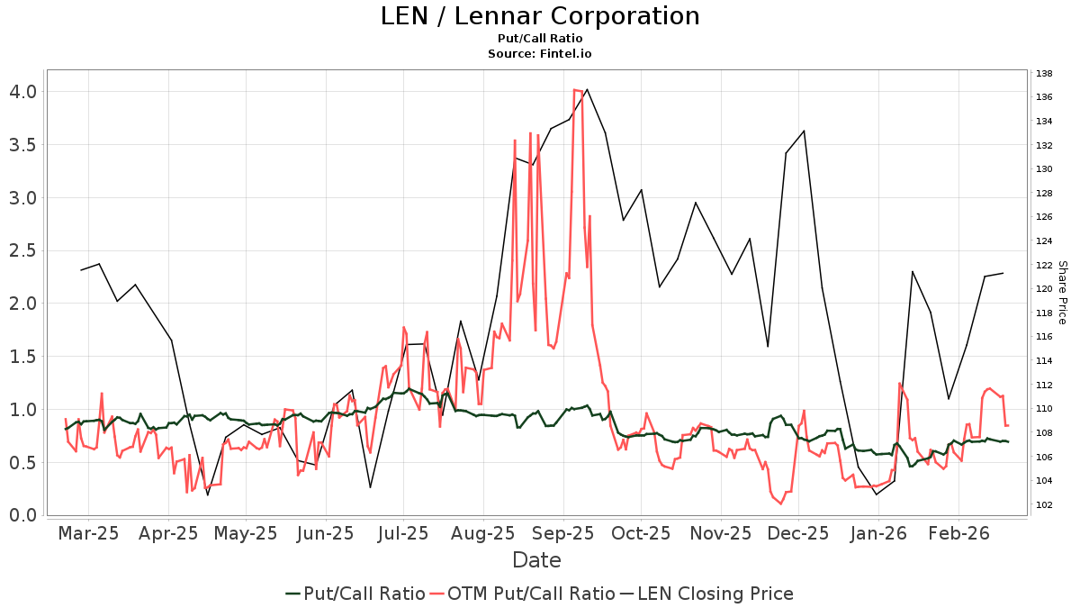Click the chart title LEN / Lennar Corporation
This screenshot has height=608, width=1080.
click(539, 16)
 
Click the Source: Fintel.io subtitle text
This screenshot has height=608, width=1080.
click(539, 53)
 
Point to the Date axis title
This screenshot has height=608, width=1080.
click(536, 560)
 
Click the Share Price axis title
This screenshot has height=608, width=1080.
click(1062, 293)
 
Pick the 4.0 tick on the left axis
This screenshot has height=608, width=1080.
click(22, 91)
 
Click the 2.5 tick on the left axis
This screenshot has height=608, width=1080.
click(22, 250)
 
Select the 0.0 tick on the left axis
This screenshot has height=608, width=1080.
click(22, 515)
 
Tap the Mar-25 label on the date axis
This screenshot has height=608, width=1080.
click(88, 533)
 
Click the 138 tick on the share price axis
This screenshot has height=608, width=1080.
click(1044, 73)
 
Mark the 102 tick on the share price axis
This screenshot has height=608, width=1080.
click(1044, 504)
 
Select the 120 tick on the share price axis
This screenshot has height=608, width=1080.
click(1044, 289)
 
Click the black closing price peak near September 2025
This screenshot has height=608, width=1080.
click(587, 89)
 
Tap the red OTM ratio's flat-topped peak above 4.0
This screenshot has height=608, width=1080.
click(578, 90)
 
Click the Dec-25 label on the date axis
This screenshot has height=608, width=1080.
click(799, 533)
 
